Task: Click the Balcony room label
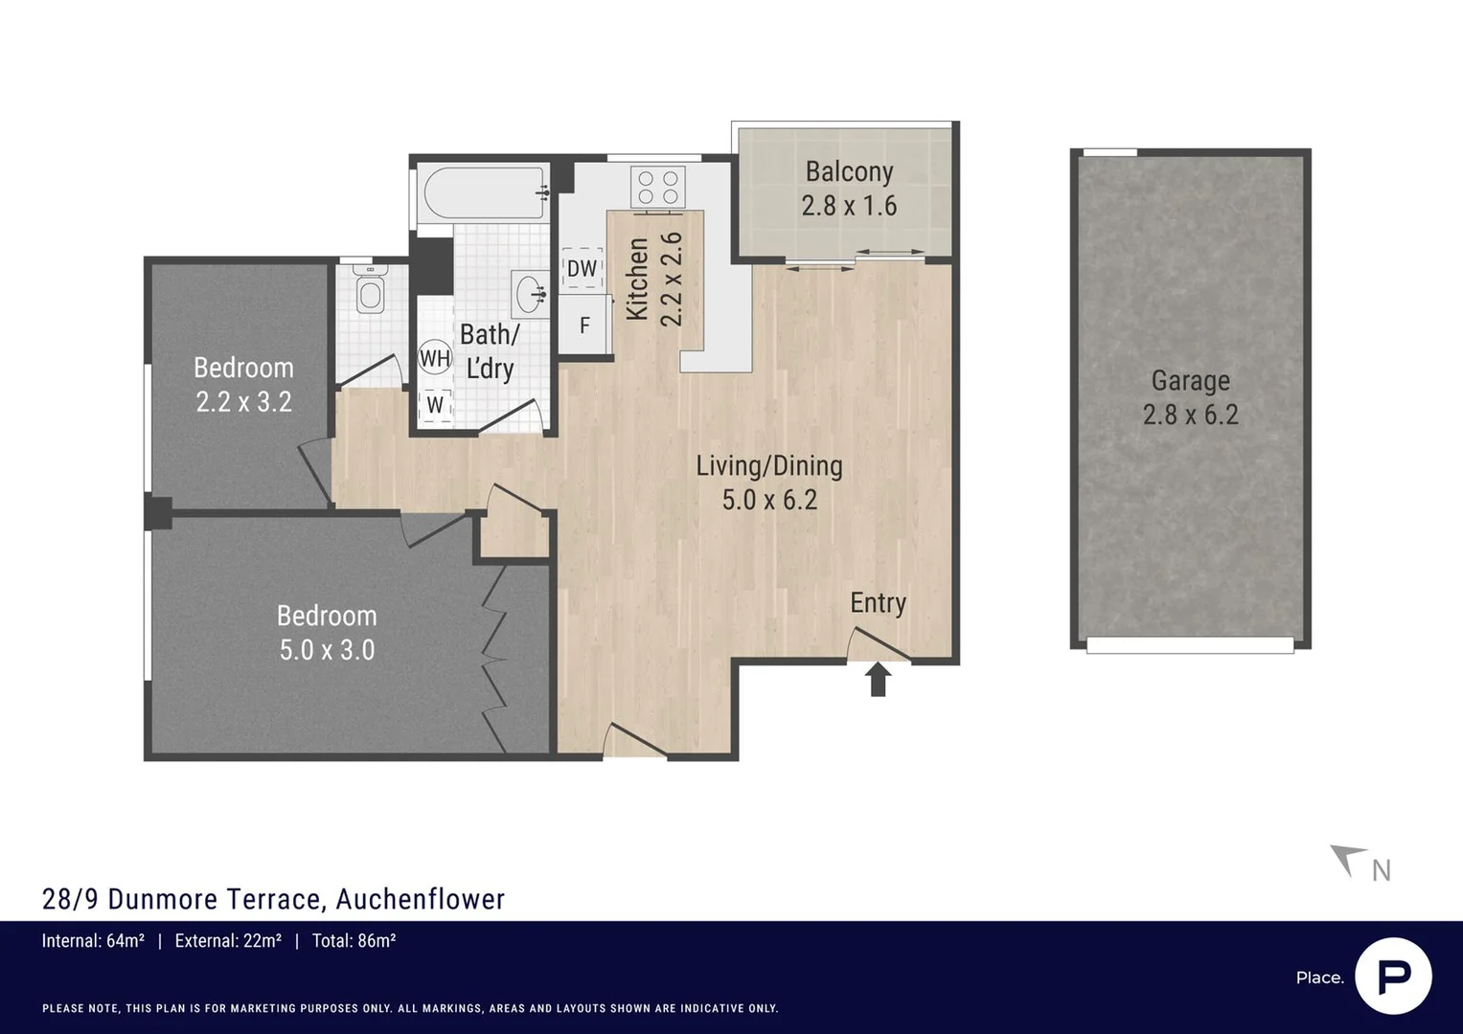coord(849,171)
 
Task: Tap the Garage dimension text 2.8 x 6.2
coord(1190,415)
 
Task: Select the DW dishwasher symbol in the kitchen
coord(582,269)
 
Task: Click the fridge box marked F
coord(584,326)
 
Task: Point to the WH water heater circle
coord(435,358)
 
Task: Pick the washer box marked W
coord(435,404)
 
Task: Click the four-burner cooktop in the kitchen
coord(657,187)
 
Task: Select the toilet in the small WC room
coord(369,290)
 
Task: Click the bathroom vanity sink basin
coord(529,292)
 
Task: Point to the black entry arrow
coord(878,680)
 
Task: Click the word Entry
coord(878,603)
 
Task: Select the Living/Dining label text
coord(768,466)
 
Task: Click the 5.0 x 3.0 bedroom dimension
coord(327,650)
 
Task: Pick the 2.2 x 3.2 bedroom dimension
coord(243,402)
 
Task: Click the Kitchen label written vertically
coord(637,280)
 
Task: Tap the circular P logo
coord(1393,977)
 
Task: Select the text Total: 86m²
coord(354,941)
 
